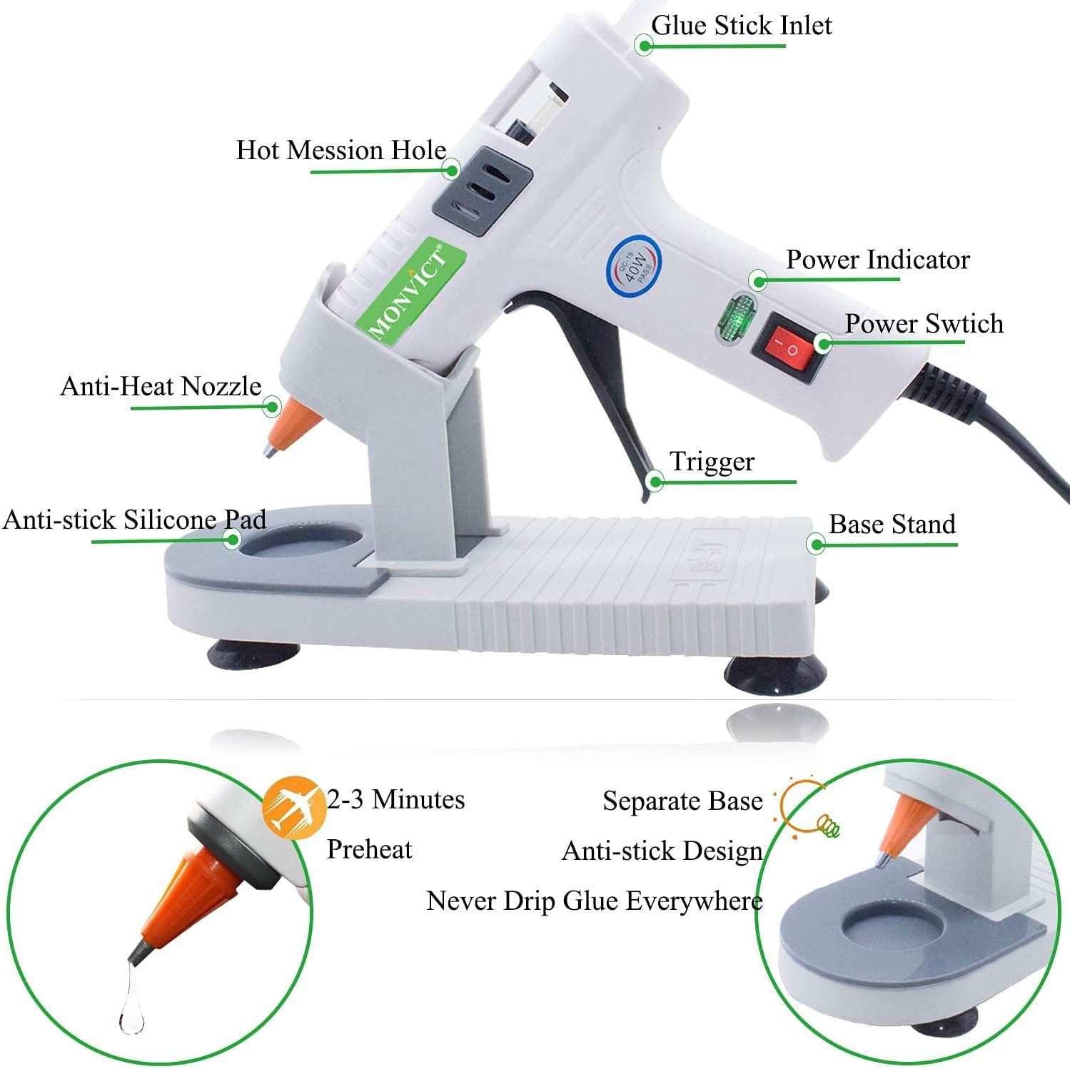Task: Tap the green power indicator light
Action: click(x=735, y=318)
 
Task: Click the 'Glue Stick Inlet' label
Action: click(x=741, y=26)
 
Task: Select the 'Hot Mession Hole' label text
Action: click(x=340, y=150)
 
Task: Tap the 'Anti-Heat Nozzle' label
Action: click(x=161, y=386)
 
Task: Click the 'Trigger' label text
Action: click(x=712, y=462)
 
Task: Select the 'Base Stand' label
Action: click(x=892, y=524)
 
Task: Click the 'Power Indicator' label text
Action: click(x=877, y=260)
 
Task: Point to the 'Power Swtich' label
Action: click(x=924, y=323)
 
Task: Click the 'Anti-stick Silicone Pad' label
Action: click(x=134, y=520)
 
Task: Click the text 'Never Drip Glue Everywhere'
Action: click(x=594, y=901)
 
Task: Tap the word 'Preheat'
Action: click(x=369, y=849)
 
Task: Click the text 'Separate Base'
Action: click(x=682, y=801)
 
